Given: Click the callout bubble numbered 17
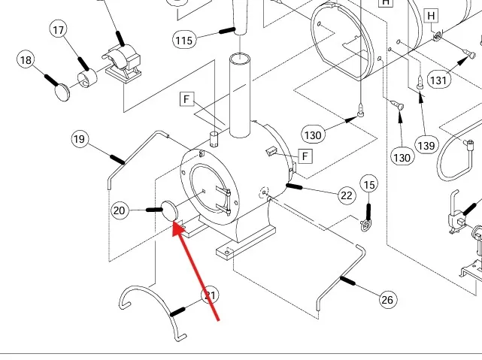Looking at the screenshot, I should pyautogui.click(x=59, y=29).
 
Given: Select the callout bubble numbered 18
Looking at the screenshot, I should pyautogui.click(x=26, y=60).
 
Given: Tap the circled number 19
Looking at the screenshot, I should pyautogui.click(x=80, y=139).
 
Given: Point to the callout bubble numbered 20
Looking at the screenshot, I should pyautogui.click(x=120, y=211).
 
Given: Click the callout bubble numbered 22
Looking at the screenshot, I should pyautogui.click(x=346, y=195).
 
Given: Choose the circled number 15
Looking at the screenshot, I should pyautogui.click(x=368, y=184).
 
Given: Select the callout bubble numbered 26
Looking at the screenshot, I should pyautogui.click(x=387, y=300).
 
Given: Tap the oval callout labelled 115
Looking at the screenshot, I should pyautogui.click(x=185, y=39).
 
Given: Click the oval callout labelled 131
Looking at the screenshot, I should pyautogui.click(x=438, y=80).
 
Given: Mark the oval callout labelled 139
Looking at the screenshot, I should pyautogui.click(x=426, y=145).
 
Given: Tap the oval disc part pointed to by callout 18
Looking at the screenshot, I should pyautogui.click(x=62, y=92).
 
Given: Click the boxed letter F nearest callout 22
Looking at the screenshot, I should pyautogui.click(x=305, y=156).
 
